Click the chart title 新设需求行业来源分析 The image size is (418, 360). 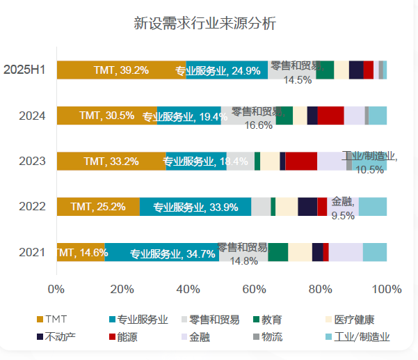[x=204, y=24]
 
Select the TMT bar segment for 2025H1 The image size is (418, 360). [x=121, y=70]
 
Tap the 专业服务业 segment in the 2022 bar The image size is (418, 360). [x=195, y=207]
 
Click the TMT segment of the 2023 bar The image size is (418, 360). [x=111, y=161]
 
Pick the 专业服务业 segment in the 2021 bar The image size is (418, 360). [x=161, y=253]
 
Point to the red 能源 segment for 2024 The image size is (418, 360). [x=330, y=116]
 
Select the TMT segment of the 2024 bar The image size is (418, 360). [x=106, y=116]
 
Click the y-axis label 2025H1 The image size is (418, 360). [x=24, y=70]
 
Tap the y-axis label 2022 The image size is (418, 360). [x=32, y=207]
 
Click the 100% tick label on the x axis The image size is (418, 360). [x=387, y=289]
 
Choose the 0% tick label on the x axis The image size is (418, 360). [x=56, y=289]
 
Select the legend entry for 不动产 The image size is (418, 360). [x=60, y=338]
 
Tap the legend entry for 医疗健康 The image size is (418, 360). [x=354, y=320]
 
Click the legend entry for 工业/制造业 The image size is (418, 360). [x=362, y=338]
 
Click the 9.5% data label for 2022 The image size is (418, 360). [x=343, y=216]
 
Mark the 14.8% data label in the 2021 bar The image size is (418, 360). [x=243, y=261]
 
